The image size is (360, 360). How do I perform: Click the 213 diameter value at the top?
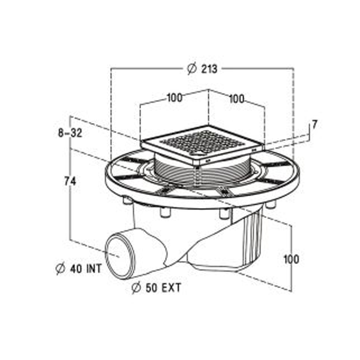209,69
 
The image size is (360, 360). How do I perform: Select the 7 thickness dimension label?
314,125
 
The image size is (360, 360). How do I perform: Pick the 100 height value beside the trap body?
291,259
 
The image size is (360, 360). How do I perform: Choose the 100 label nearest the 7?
236,100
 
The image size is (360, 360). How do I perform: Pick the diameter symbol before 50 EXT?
136,288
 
